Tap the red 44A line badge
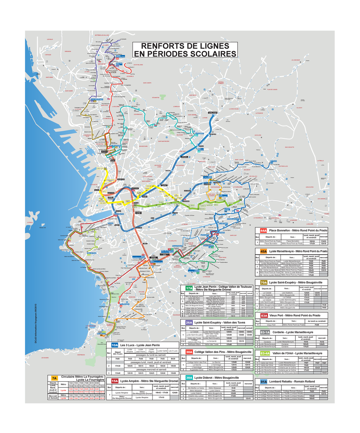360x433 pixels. (x=263, y=231)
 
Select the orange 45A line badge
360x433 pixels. (x=263, y=252)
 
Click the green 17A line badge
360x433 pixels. (x=189, y=288)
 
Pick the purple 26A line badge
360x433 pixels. (x=188, y=322)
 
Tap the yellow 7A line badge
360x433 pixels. (x=54, y=378)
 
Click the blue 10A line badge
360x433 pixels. (x=115, y=346)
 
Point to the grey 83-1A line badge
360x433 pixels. (x=265, y=332)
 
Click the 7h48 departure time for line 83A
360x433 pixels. (x=317, y=325)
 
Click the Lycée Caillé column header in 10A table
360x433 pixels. (x=162, y=350)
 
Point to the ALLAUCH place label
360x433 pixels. (x=299, y=108)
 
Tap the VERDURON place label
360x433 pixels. (x=68, y=51)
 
